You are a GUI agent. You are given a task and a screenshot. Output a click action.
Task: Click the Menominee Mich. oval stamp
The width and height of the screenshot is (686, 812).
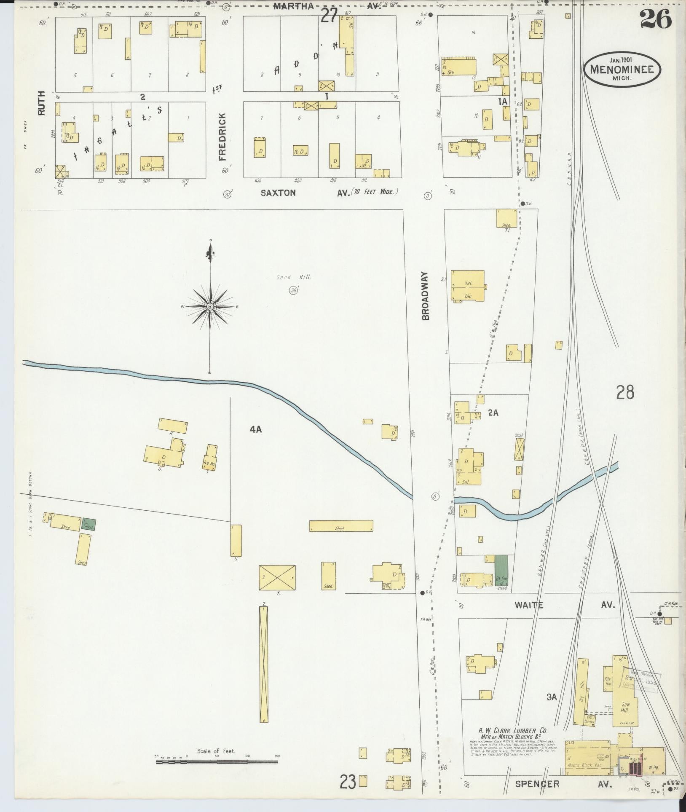coord(622,69)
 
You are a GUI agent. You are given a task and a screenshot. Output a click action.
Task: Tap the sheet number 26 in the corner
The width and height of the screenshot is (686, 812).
coord(655,19)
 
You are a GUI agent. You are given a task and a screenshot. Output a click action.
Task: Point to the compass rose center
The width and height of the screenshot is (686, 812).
coord(209,306)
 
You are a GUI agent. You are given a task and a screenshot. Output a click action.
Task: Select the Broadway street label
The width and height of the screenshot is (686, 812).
coord(425,296)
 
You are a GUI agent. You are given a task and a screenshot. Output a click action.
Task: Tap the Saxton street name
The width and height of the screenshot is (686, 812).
coord(278,193)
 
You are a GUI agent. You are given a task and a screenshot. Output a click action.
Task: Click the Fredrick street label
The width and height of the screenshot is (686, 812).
coord(222,137)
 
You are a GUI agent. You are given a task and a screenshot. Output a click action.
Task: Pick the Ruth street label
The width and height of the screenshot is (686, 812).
coord(41,107)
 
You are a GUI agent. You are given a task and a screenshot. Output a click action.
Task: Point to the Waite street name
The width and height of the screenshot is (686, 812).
coord(528,605)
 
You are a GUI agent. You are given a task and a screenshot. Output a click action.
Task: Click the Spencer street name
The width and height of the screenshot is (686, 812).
coord(537,784)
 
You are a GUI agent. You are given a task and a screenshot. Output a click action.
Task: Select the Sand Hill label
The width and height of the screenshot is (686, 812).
coord(294,277)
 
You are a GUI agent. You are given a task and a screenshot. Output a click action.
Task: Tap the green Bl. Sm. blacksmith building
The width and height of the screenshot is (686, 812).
coord(501,570)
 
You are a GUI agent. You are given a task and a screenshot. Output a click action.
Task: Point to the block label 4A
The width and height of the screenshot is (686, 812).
coord(255,429)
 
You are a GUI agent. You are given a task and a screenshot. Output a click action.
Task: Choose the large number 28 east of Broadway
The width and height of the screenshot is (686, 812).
coord(624,392)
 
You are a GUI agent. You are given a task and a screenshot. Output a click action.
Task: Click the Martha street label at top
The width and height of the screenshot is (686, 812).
coord(294,6)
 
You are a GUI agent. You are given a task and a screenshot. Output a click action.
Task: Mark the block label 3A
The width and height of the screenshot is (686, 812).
coord(552,697)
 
